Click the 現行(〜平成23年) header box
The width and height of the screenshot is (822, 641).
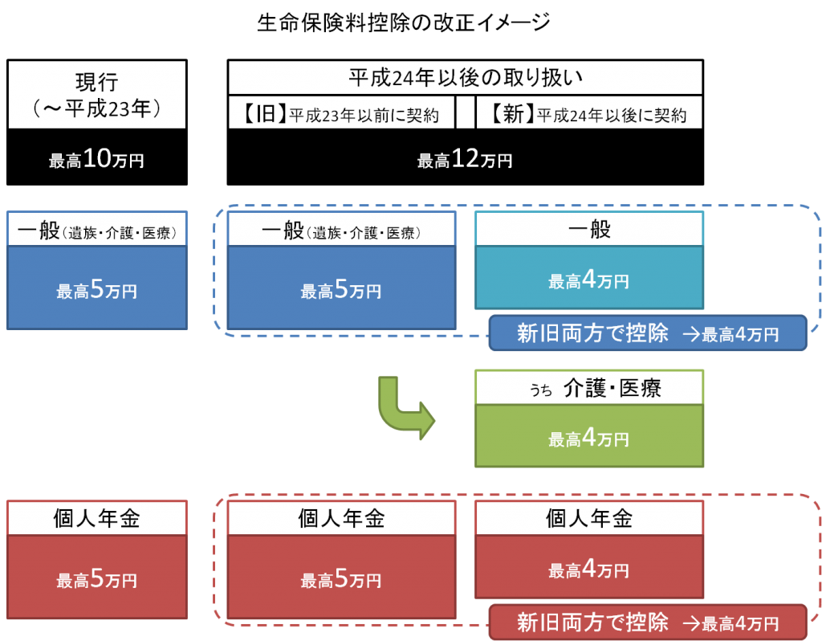(x=96, y=95)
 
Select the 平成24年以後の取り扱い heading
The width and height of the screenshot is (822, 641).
(x=465, y=78)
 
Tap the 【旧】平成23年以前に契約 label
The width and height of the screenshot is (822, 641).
(x=340, y=114)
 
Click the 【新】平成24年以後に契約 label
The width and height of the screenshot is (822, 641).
(x=589, y=114)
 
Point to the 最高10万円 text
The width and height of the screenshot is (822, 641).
(x=96, y=160)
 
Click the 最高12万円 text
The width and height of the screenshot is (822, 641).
(x=465, y=160)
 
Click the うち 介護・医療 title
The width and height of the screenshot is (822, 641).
(x=589, y=388)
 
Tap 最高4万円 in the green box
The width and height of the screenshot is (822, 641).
(x=589, y=438)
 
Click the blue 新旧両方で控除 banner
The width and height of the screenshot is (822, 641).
(x=647, y=333)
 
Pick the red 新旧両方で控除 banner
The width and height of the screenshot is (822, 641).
(x=647, y=622)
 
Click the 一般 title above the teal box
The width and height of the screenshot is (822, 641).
(x=589, y=230)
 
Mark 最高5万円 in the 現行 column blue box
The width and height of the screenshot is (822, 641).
(x=96, y=290)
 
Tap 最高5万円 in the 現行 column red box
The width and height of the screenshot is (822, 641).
(x=96, y=578)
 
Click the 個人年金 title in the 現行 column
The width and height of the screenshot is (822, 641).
(x=96, y=518)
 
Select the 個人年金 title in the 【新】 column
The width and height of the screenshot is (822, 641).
(x=589, y=518)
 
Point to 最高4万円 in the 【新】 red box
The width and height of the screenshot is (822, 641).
(x=589, y=570)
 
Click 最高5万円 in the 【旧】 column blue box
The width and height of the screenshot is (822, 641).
(x=341, y=290)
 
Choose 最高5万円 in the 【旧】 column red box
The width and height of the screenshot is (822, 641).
(x=341, y=578)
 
